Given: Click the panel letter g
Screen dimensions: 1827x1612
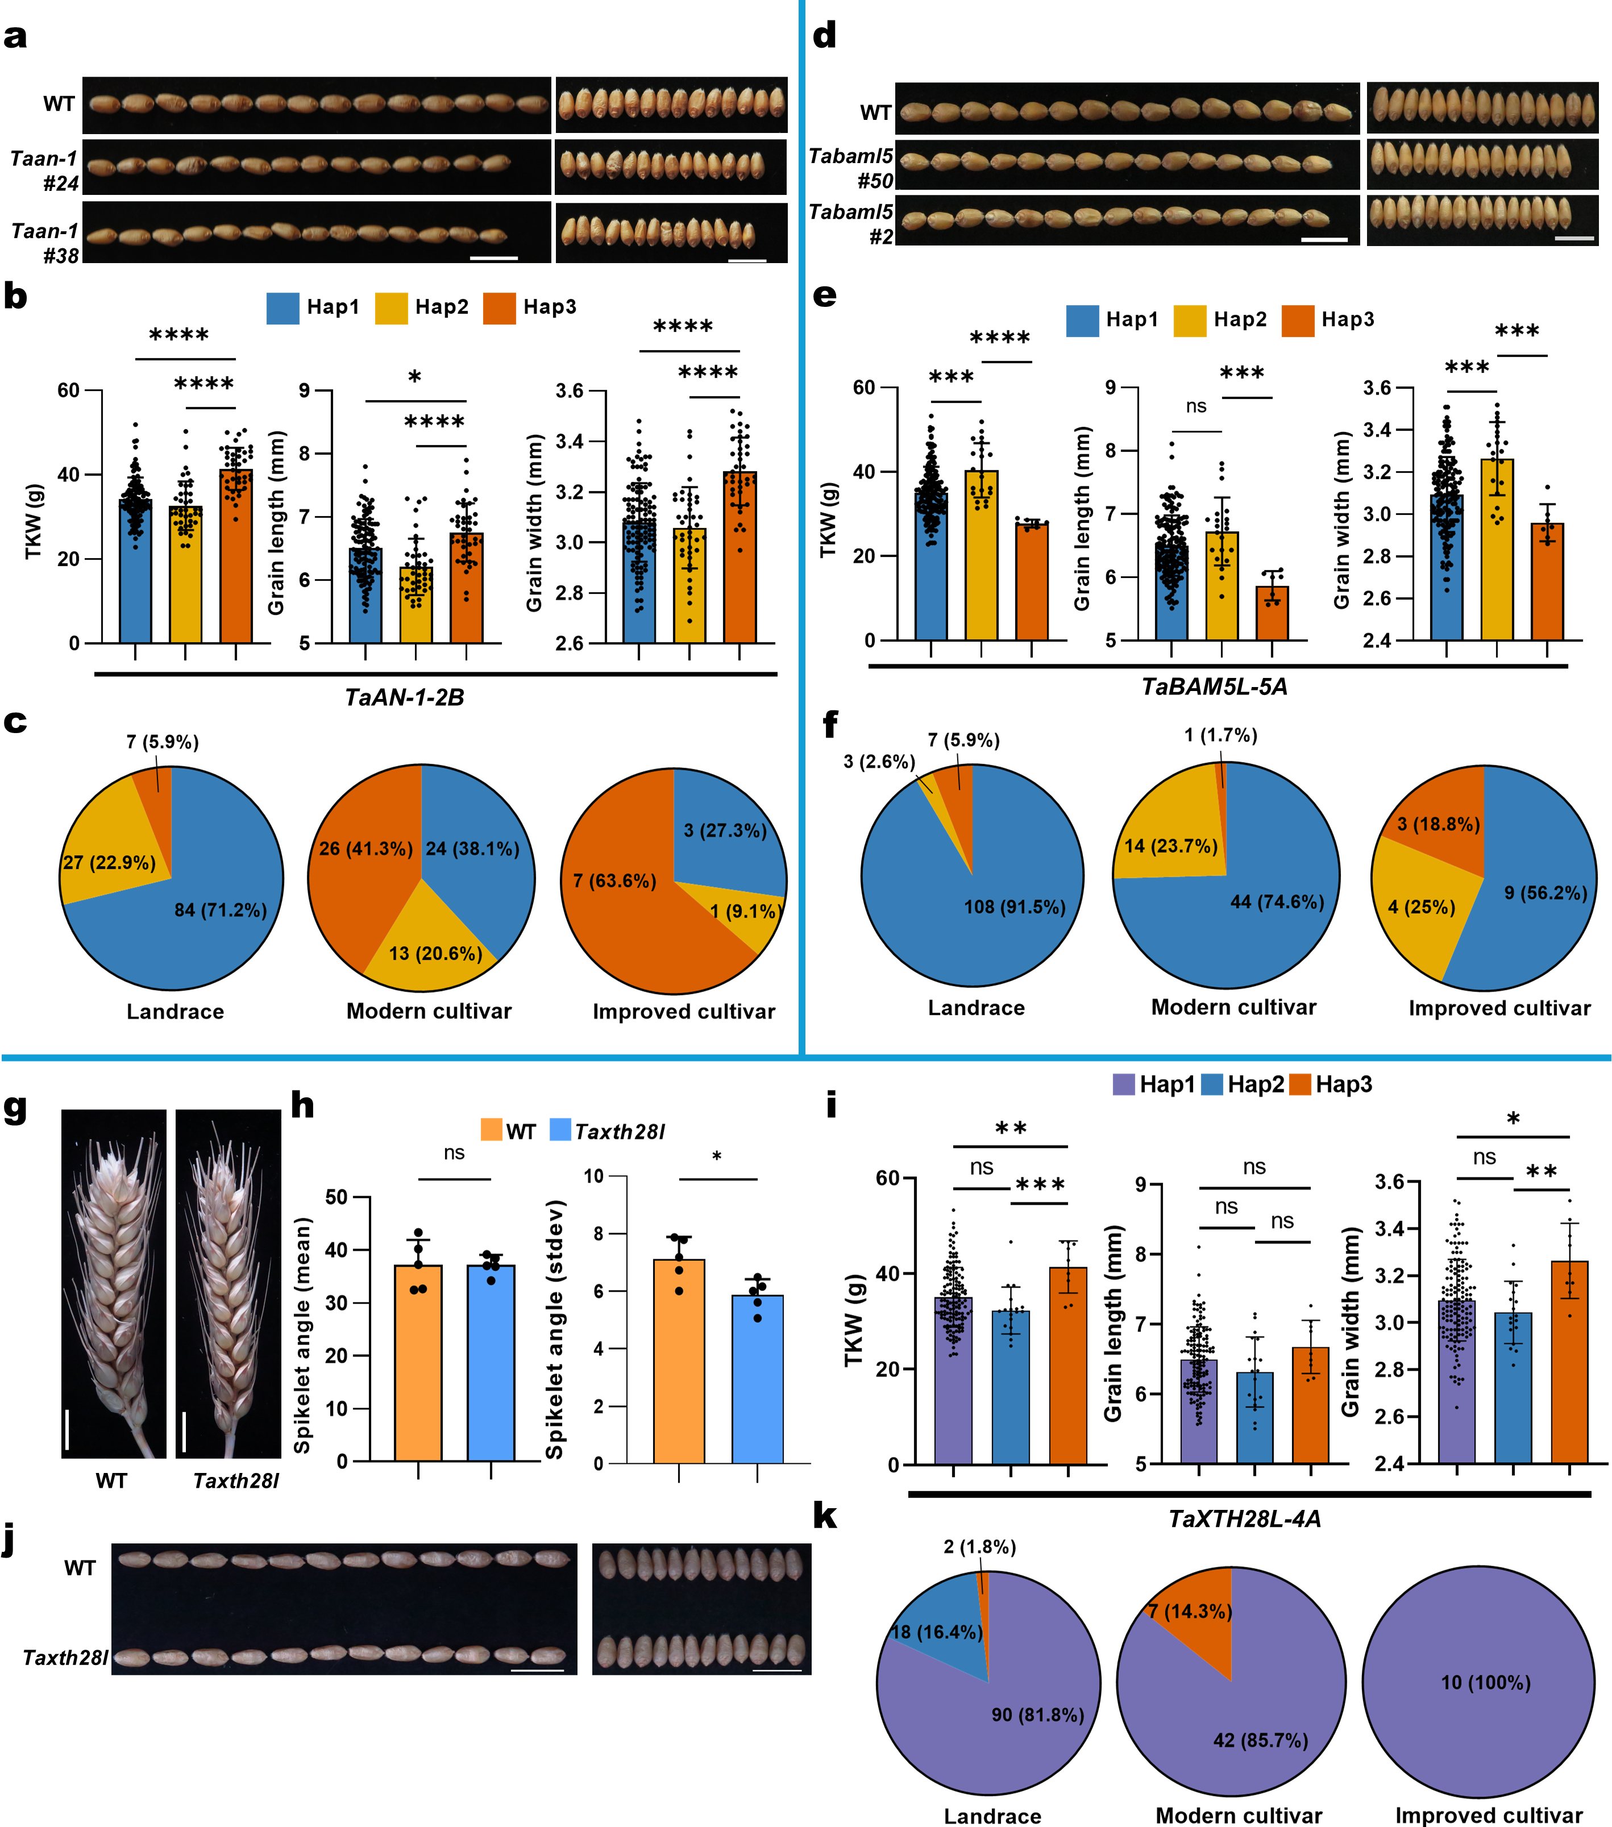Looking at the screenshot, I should coord(15,1108).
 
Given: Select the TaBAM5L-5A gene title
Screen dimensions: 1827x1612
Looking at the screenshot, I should coord(1214,686).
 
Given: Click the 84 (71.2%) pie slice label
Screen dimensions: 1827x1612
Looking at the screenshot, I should coord(220,910).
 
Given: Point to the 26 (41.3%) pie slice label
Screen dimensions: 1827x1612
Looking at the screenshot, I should coord(365,848).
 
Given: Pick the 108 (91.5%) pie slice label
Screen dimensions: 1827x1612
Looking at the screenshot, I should coord(1014,906).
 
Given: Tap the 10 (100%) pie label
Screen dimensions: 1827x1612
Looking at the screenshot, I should coord(1485,1682).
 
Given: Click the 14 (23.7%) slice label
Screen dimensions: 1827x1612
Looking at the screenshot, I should coord(1170,846).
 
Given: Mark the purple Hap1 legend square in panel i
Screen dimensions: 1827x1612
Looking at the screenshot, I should coord(1124,1084).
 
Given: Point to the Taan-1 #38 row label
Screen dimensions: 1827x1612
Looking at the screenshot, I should coord(45,243).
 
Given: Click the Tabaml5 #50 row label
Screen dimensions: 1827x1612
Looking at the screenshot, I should coord(850,168).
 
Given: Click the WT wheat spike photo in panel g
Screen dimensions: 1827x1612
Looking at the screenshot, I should coord(114,1283).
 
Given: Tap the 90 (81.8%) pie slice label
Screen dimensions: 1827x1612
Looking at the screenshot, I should coord(1037,1714).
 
